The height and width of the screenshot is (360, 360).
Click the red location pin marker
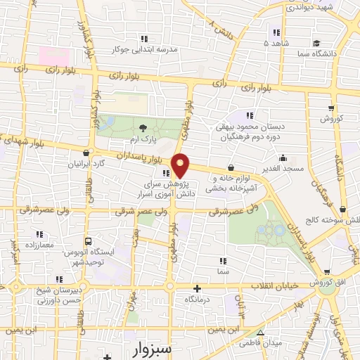pyautogui.click(x=181, y=165)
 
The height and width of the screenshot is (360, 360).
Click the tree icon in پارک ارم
pyautogui.click(x=144, y=128)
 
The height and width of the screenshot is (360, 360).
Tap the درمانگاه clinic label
pyautogui.click(x=198, y=300)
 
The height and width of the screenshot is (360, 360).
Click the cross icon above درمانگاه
pyautogui.click(x=198, y=288)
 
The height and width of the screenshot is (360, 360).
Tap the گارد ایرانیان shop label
pyautogui.click(x=86, y=164)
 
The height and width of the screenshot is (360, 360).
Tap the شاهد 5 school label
pyautogui.click(x=276, y=43)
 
